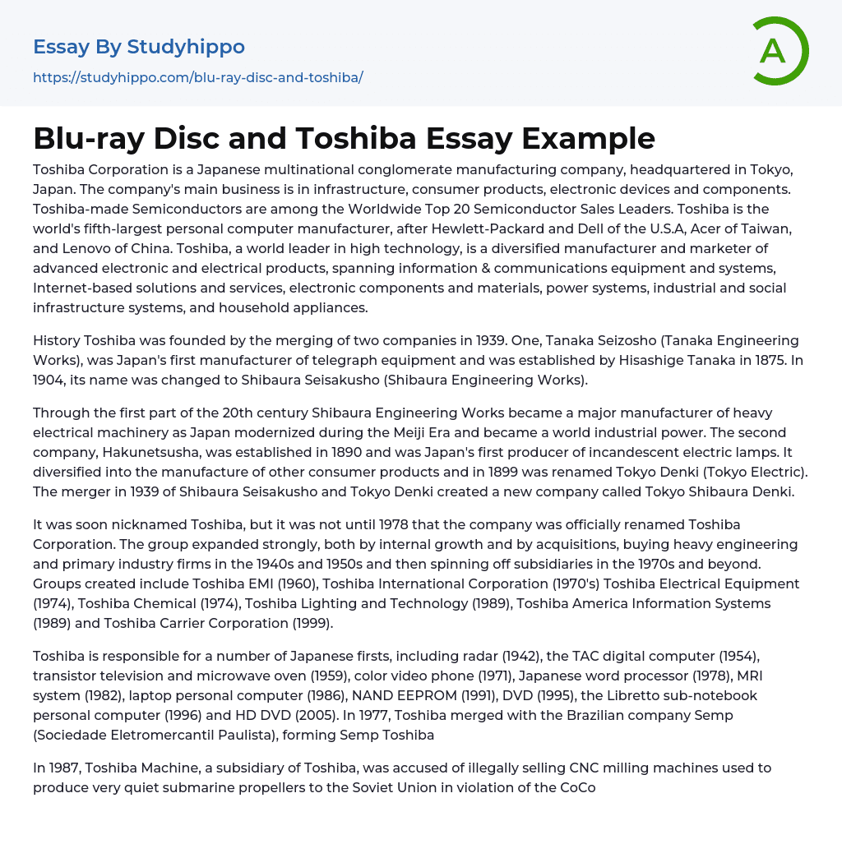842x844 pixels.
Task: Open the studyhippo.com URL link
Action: point(197,78)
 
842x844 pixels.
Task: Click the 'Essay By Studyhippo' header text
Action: point(139,47)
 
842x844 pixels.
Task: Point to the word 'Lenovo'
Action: point(87,248)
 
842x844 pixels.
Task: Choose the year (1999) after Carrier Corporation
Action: point(312,623)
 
